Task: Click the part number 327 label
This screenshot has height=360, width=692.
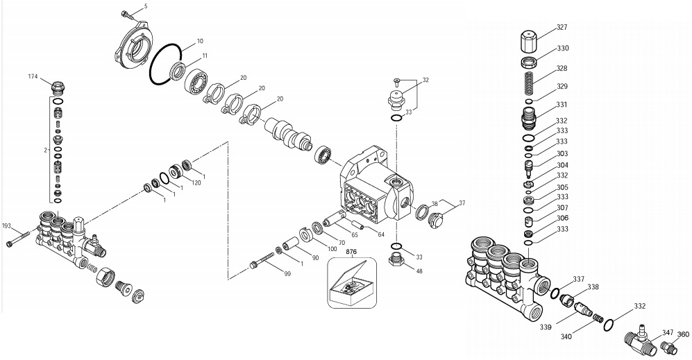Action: (x=562, y=28)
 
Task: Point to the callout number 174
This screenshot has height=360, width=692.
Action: (x=33, y=76)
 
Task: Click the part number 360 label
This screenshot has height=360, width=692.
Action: (x=683, y=333)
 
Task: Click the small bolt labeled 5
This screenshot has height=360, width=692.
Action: (x=128, y=14)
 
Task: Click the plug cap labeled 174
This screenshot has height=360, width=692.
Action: (x=59, y=89)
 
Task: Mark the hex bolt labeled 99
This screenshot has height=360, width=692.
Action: (x=258, y=264)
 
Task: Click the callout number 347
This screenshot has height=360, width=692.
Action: (x=667, y=333)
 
